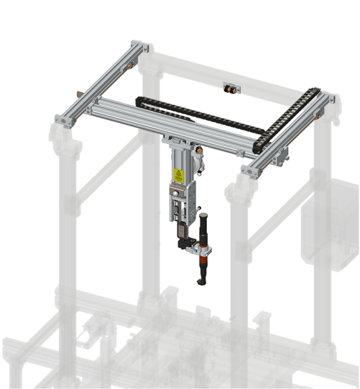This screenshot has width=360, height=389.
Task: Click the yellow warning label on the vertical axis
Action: click(177, 174)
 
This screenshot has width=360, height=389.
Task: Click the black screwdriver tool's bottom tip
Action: click(200, 281)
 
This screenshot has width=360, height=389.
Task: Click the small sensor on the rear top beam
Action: click(228, 87)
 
